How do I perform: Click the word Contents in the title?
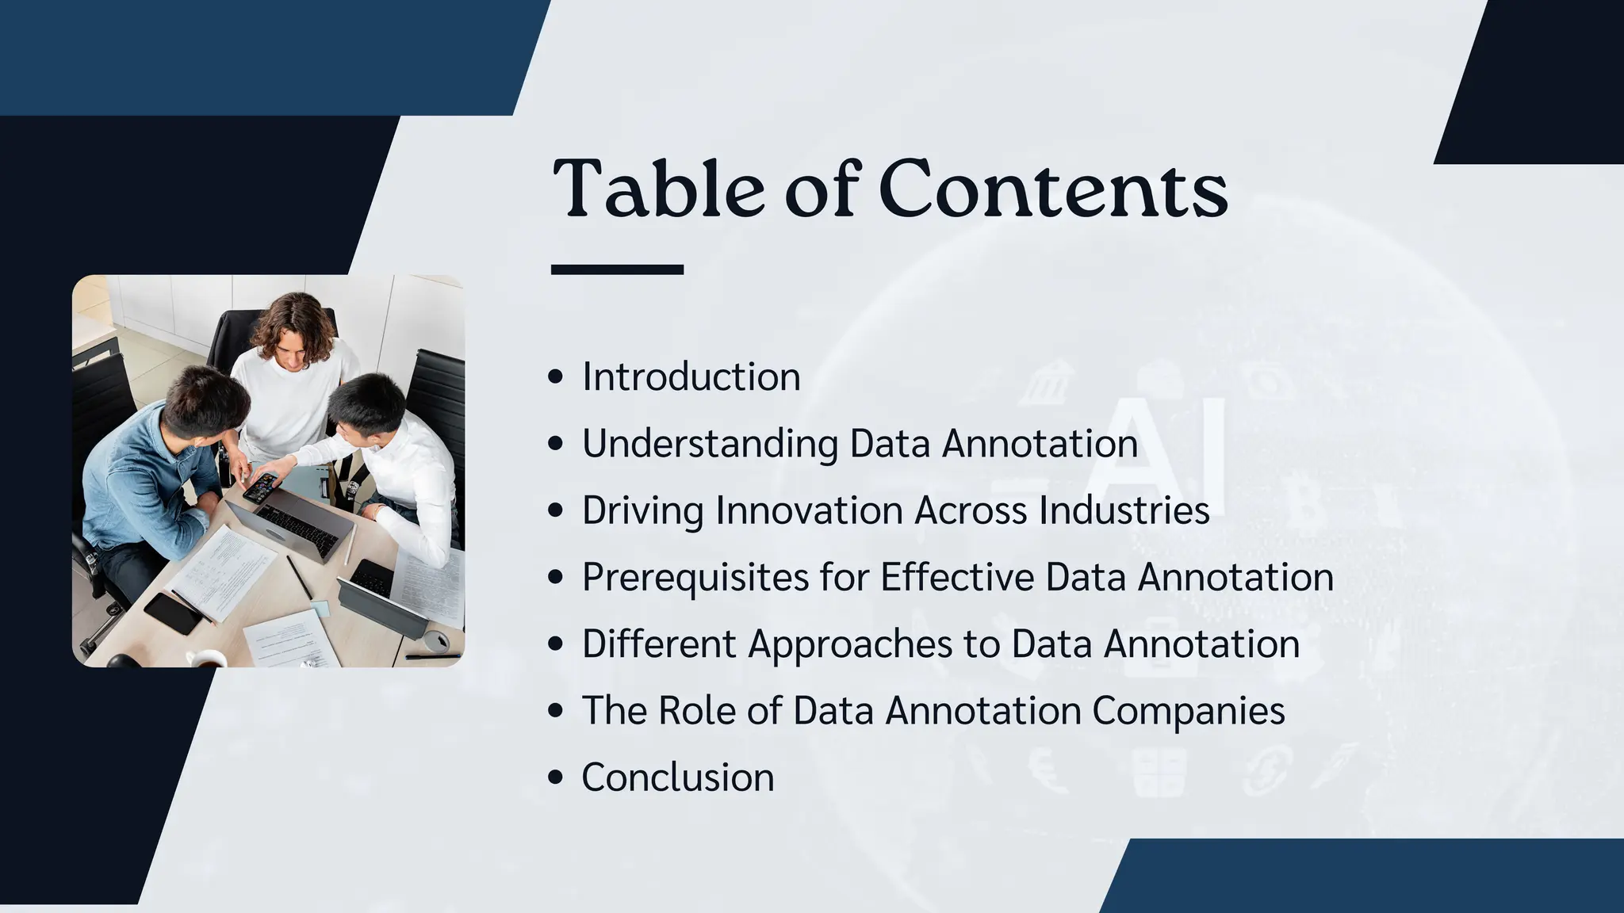click(x=1054, y=190)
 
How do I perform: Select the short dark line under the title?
click(x=617, y=269)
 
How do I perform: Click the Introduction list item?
click(x=691, y=376)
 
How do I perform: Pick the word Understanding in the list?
click(x=710, y=444)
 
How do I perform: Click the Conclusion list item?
click(x=678, y=777)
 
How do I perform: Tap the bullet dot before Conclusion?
click(x=556, y=777)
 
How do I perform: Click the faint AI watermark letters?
click(x=1158, y=452)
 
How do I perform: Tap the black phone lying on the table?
click(x=172, y=613)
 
